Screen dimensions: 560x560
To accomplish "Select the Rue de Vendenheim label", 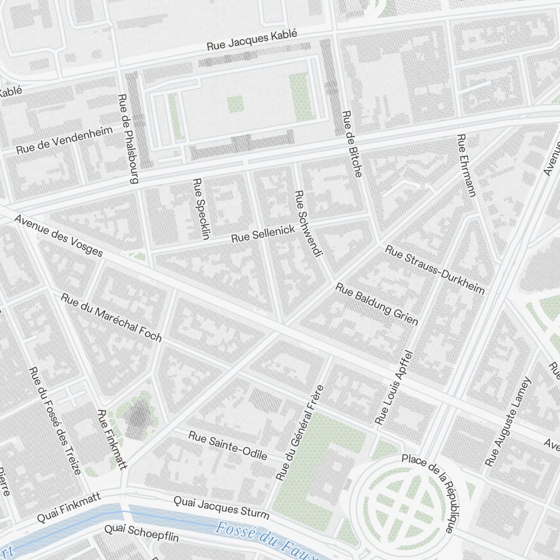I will [64, 141].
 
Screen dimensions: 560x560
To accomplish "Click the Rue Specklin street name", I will [200, 208].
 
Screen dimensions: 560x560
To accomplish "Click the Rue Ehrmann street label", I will [466, 165].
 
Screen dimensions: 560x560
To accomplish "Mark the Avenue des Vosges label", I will [59, 236].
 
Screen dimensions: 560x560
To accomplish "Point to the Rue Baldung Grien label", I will [376, 304].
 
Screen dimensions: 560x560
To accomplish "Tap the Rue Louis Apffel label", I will [394, 387].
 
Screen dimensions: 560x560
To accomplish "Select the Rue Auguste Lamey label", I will [507, 422].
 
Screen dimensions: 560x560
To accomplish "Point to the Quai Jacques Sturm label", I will [221, 507].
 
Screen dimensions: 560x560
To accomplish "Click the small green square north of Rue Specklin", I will [235, 104].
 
